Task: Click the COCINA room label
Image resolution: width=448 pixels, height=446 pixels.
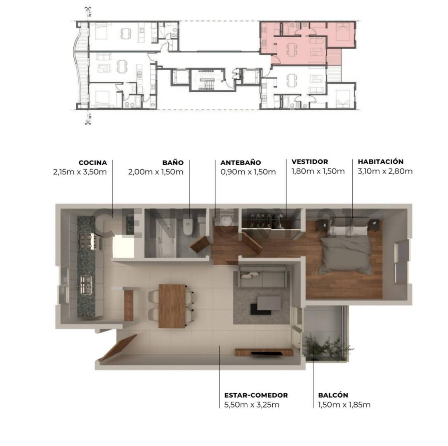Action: [93, 163]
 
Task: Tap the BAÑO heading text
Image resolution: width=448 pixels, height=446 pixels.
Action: [173, 163]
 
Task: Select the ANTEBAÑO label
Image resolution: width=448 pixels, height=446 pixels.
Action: [241, 163]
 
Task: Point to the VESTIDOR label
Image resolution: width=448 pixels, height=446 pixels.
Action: [309, 162]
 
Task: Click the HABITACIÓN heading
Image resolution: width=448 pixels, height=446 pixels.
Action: [380, 162]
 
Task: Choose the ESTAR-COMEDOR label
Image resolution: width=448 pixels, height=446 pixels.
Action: [256, 395]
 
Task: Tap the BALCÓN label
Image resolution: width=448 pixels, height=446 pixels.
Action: [333, 395]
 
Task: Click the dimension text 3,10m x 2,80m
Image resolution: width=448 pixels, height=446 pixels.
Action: [385, 171]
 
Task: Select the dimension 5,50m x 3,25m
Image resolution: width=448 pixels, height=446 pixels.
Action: [252, 405]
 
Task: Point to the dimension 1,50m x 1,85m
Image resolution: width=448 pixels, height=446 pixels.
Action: [344, 405]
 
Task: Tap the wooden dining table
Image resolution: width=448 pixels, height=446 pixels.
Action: [172, 306]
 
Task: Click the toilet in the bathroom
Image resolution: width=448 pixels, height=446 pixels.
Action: [188, 227]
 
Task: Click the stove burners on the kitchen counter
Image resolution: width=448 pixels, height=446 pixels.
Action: [87, 241]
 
